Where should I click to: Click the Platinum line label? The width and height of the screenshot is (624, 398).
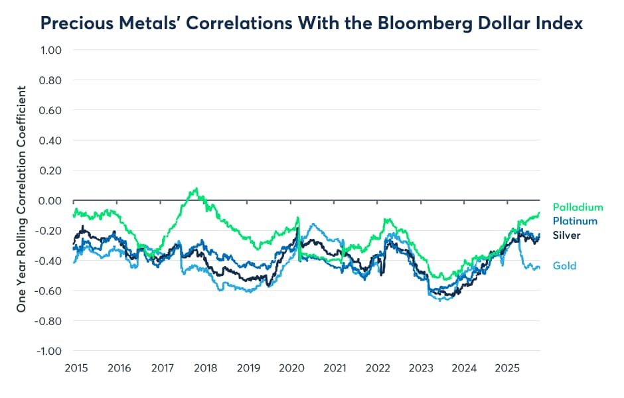(x=575, y=221)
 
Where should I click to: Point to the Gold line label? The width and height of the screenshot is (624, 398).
(x=564, y=265)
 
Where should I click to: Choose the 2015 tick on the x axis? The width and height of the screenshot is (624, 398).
(x=74, y=367)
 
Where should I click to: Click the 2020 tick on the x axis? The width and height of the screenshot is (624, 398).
(x=291, y=367)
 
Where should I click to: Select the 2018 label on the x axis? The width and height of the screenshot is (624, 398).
(x=204, y=367)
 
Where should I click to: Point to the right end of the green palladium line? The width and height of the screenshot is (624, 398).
(x=539, y=213)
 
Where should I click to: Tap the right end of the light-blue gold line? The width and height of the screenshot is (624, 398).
(x=539, y=267)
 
